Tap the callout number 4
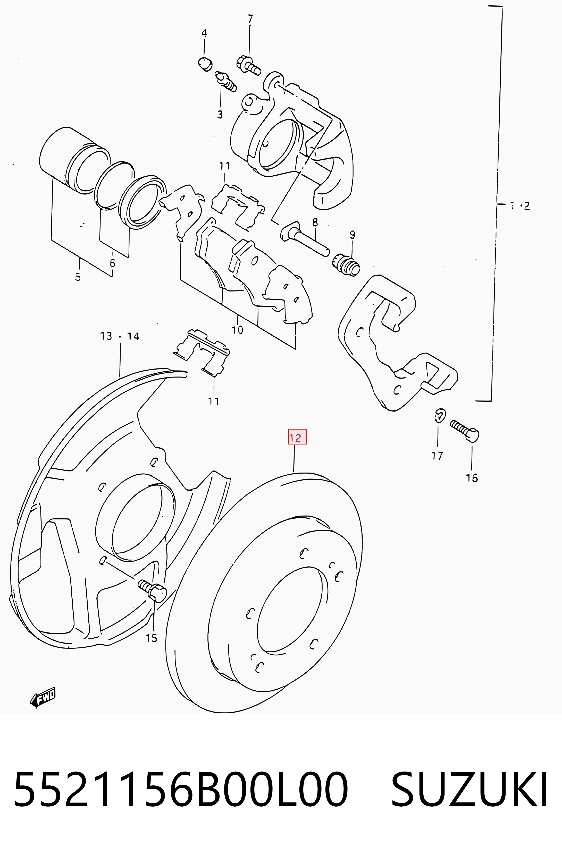click(x=204, y=33)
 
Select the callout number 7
click(x=250, y=19)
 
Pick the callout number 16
click(x=472, y=478)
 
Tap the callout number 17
click(x=437, y=456)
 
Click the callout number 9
click(x=352, y=235)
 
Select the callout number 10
click(x=238, y=329)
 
